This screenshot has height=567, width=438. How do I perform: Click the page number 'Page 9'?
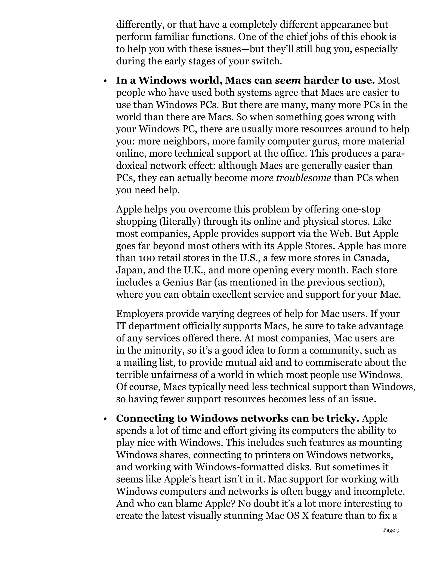pos(391,530)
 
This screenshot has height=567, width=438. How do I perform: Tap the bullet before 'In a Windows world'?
pos(105,82)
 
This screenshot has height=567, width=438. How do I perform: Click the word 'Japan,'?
pos(130,270)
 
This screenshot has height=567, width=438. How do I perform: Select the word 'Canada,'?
pos(371,258)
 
